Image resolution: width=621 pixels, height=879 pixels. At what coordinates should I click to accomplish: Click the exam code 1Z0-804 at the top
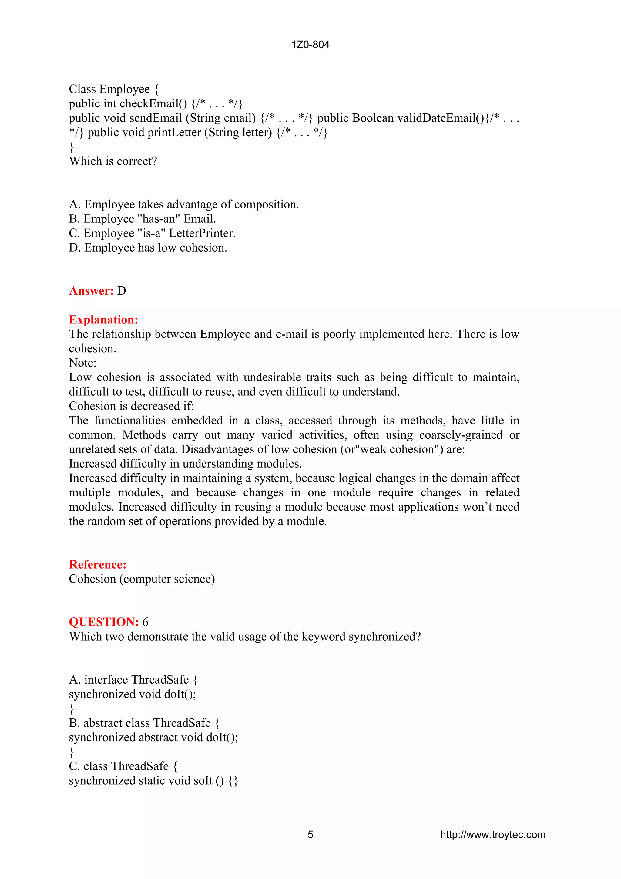(x=310, y=45)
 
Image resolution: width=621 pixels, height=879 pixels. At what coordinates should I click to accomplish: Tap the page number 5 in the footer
(x=310, y=835)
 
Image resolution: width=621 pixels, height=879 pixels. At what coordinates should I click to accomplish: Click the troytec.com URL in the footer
(x=492, y=835)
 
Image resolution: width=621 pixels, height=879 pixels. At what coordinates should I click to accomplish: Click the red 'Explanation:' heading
(x=103, y=320)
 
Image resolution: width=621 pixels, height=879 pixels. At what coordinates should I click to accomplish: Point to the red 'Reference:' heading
(x=98, y=564)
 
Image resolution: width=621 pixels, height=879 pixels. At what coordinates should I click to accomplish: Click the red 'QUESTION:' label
(x=104, y=622)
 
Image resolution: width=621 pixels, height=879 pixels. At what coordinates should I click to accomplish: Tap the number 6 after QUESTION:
(x=146, y=622)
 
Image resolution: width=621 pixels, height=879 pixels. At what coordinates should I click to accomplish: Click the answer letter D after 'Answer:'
(x=122, y=291)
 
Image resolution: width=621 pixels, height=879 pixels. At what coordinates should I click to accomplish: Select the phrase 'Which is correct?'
(x=113, y=161)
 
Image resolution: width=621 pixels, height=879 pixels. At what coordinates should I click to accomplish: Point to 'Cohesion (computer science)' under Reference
(x=142, y=579)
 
